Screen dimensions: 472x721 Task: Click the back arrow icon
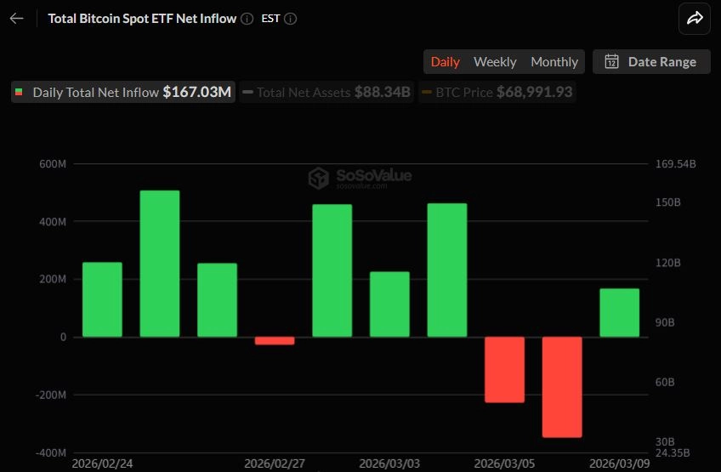17,19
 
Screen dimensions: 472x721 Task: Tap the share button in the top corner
695,19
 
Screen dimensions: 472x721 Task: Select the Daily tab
445,61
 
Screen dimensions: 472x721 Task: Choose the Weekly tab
495,61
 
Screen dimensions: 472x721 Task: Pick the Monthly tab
554,61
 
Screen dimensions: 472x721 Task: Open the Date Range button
651,61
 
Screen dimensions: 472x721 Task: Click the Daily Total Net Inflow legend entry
123,92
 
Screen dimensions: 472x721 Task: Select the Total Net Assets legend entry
327,92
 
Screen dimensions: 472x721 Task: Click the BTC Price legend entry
497,92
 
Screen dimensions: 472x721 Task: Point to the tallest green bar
160,264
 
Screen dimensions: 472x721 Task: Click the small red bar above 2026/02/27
275,341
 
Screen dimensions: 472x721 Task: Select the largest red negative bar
562,387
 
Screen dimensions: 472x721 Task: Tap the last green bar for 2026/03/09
619,313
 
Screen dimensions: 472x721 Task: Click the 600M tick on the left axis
52,164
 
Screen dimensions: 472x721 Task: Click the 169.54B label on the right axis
676,164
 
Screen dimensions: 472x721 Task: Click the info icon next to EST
291,19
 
